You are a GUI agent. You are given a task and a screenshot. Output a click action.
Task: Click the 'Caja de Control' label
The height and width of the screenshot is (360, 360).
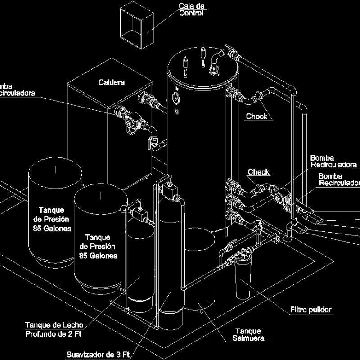point(191,9)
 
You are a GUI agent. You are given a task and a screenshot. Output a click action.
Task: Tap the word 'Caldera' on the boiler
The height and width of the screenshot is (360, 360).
point(111,82)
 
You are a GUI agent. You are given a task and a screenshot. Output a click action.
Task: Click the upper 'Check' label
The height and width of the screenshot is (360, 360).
point(256,117)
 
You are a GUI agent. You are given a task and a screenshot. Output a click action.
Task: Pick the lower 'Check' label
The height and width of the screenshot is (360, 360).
point(259,172)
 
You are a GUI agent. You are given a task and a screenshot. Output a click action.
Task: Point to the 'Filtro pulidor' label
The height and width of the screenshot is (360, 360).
point(310,310)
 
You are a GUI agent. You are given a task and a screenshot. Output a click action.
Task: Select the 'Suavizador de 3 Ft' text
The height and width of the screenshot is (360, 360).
point(98,354)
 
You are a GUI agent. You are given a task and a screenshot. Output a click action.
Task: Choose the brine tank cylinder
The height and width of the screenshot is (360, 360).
point(199,270)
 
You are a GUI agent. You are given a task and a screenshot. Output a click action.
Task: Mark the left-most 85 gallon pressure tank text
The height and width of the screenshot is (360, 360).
point(51,219)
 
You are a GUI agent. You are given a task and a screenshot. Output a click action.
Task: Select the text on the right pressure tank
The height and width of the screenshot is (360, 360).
point(98,247)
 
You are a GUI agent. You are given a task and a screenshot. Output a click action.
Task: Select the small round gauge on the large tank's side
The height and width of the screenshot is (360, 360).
point(175,96)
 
